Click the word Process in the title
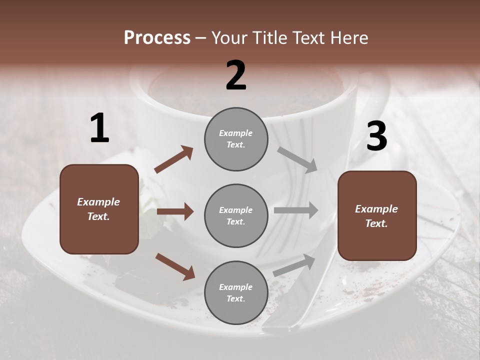tap(157, 37)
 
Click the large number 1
tap(99, 128)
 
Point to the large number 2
tap(236, 75)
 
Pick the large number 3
tap(376, 136)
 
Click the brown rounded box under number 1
tap(99, 209)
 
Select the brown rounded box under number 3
tap(377, 215)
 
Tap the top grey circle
tap(236, 139)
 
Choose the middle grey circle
tap(236, 215)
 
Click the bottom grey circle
tap(236, 292)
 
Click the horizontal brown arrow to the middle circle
tap(175, 211)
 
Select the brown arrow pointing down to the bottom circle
tap(175, 266)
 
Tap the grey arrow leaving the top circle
tap(298, 160)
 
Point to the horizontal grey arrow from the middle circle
tap(296, 210)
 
